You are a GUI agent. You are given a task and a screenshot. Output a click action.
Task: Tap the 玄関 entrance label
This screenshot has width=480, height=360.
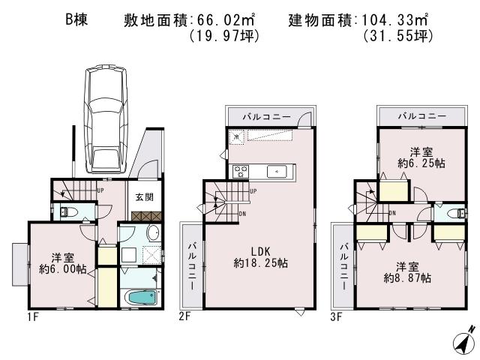[x=144, y=198]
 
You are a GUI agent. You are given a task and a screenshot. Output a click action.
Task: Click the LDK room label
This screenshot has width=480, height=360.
[x=260, y=250]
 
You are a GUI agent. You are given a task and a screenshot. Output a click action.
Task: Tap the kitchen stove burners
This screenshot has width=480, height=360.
[x=241, y=170]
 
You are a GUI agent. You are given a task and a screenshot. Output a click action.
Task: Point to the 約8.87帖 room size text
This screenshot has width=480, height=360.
[x=407, y=277]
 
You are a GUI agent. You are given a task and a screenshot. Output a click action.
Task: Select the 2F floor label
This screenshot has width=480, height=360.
[x=185, y=317]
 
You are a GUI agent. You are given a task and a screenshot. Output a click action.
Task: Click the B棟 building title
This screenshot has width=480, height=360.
[x=76, y=20]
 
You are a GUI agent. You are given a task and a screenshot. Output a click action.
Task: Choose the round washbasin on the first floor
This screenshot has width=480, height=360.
[x=152, y=232]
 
